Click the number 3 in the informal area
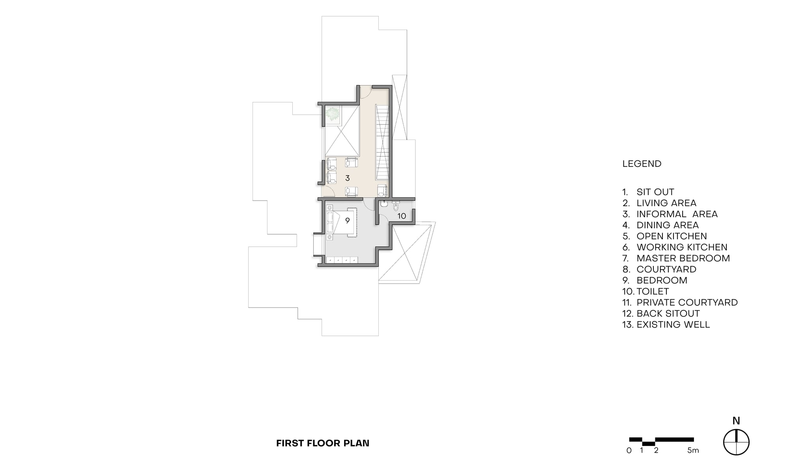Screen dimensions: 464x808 (x=347, y=178)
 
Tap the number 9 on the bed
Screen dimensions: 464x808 (x=347, y=221)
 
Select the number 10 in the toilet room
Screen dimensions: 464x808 (x=402, y=216)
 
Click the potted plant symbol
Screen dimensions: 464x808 (x=333, y=114)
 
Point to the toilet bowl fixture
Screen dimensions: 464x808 (x=396, y=205)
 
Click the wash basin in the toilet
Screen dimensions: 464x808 (x=384, y=204)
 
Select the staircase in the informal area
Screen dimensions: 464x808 (x=382, y=142)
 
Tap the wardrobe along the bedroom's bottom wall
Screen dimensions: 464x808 (x=342, y=260)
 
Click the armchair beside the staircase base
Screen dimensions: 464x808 (x=382, y=191)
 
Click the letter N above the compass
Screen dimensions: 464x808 (x=736, y=421)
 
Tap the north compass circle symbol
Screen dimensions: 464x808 (x=736, y=442)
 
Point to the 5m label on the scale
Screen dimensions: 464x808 (x=693, y=451)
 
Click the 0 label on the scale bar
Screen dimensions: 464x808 (x=629, y=451)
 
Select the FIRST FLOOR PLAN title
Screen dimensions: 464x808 (x=323, y=443)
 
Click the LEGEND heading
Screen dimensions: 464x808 (x=642, y=164)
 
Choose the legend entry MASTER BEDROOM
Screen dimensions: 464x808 (x=683, y=258)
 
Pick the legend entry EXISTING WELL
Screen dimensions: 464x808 (x=673, y=324)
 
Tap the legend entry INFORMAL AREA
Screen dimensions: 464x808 (x=677, y=214)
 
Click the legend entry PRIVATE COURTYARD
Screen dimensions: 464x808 (x=687, y=302)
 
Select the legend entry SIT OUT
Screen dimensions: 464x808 (x=655, y=192)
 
